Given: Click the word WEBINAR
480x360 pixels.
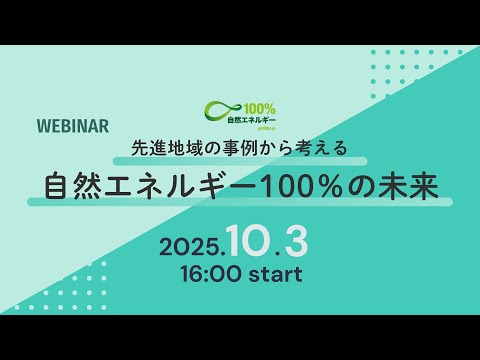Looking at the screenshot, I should pyautogui.click(x=72, y=127).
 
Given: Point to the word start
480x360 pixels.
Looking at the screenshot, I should pyautogui.click(x=270, y=272).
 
